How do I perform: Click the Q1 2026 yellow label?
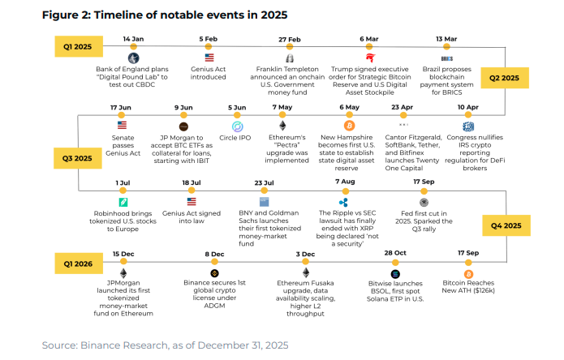pos(79,262)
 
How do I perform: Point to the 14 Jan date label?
pos(133,38)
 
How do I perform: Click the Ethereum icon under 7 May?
pos(283,126)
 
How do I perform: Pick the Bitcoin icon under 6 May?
pos(350,126)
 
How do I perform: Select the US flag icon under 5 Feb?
pos(209,58)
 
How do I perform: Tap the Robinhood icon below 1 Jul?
pos(123,202)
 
